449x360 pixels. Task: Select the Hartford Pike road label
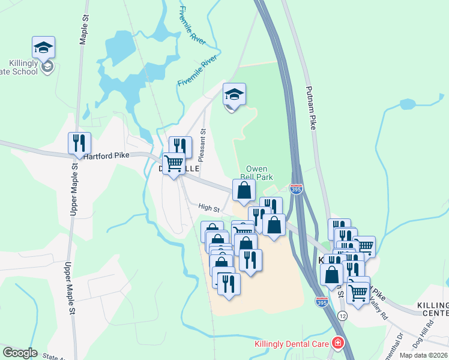(106, 155)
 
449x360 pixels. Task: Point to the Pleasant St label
(202, 146)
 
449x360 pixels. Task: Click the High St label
(209, 207)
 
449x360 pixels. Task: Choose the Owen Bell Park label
(257, 173)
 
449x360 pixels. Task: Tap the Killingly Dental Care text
(292, 344)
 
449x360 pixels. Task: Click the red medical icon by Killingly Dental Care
(339, 343)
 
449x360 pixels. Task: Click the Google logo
(20, 353)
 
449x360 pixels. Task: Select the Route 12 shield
(343, 316)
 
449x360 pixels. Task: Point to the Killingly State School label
(24, 67)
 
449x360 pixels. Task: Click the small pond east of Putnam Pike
(408, 104)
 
